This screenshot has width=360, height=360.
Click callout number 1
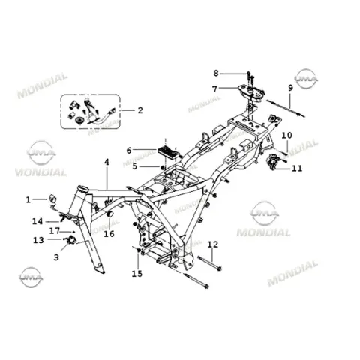(x=28, y=199)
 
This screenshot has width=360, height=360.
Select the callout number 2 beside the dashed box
(x=140, y=110)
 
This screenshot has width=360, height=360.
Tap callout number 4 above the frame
(x=106, y=162)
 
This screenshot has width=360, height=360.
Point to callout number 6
(x=129, y=151)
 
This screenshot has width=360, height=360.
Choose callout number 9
(x=290, y=88)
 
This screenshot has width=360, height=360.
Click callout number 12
(x=212, y=244)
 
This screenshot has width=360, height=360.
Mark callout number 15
(x=137, y=274)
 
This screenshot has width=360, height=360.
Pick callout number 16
(x=109, y=234)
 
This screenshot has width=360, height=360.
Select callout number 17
(x=55, y=231)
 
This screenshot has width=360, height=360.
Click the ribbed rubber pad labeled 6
(x=168, y=151)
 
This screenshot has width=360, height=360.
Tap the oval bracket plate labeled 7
(x=251, y=91)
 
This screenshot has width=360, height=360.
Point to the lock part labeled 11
(x=274, y=162)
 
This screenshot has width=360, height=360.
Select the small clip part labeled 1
(x=52, y=199)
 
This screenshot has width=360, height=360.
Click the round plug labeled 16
(x=109, y=214)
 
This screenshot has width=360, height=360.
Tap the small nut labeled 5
(x=163, y=167)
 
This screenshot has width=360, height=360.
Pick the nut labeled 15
(x=139, y=250)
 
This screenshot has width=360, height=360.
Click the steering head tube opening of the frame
(x=82, y=188)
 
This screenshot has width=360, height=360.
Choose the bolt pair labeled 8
(x=250, y=76)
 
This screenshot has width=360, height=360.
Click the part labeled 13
(x=71, y=240)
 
